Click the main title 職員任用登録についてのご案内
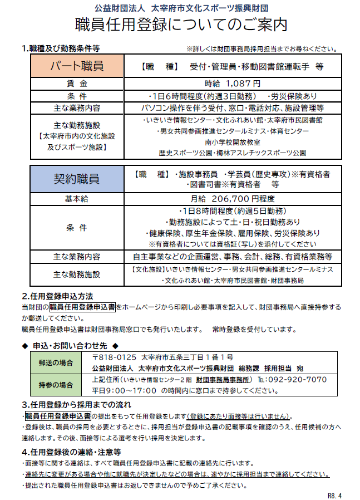click(x=180, y=25)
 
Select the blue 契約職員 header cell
click(x=77, y=179)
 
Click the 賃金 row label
click(x=77, y=84)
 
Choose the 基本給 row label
click(x=77, y=199)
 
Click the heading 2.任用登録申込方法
click(x=57, y=296)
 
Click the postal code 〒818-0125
click(x=114, y=357)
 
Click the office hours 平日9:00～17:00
click(x=124, y=391)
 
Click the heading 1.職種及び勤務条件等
click(x=61, y=48)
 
